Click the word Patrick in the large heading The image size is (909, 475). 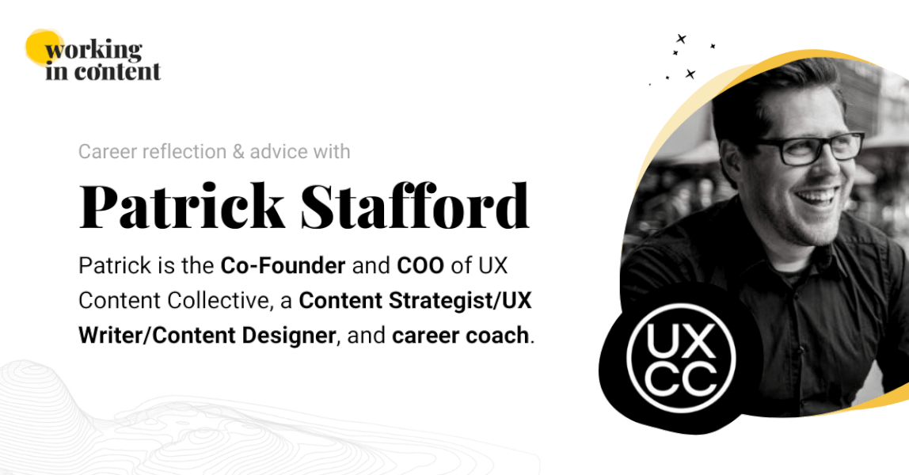[181, 206]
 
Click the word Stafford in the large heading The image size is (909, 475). [415, 206]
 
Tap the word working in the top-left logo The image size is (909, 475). [93, 51]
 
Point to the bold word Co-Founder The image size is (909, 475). [283, 266]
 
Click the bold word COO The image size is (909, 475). [420, 266]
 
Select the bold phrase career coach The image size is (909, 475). [459, 336]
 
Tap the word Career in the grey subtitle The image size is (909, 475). [106, 151]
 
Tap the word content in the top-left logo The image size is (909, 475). [117, 71]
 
